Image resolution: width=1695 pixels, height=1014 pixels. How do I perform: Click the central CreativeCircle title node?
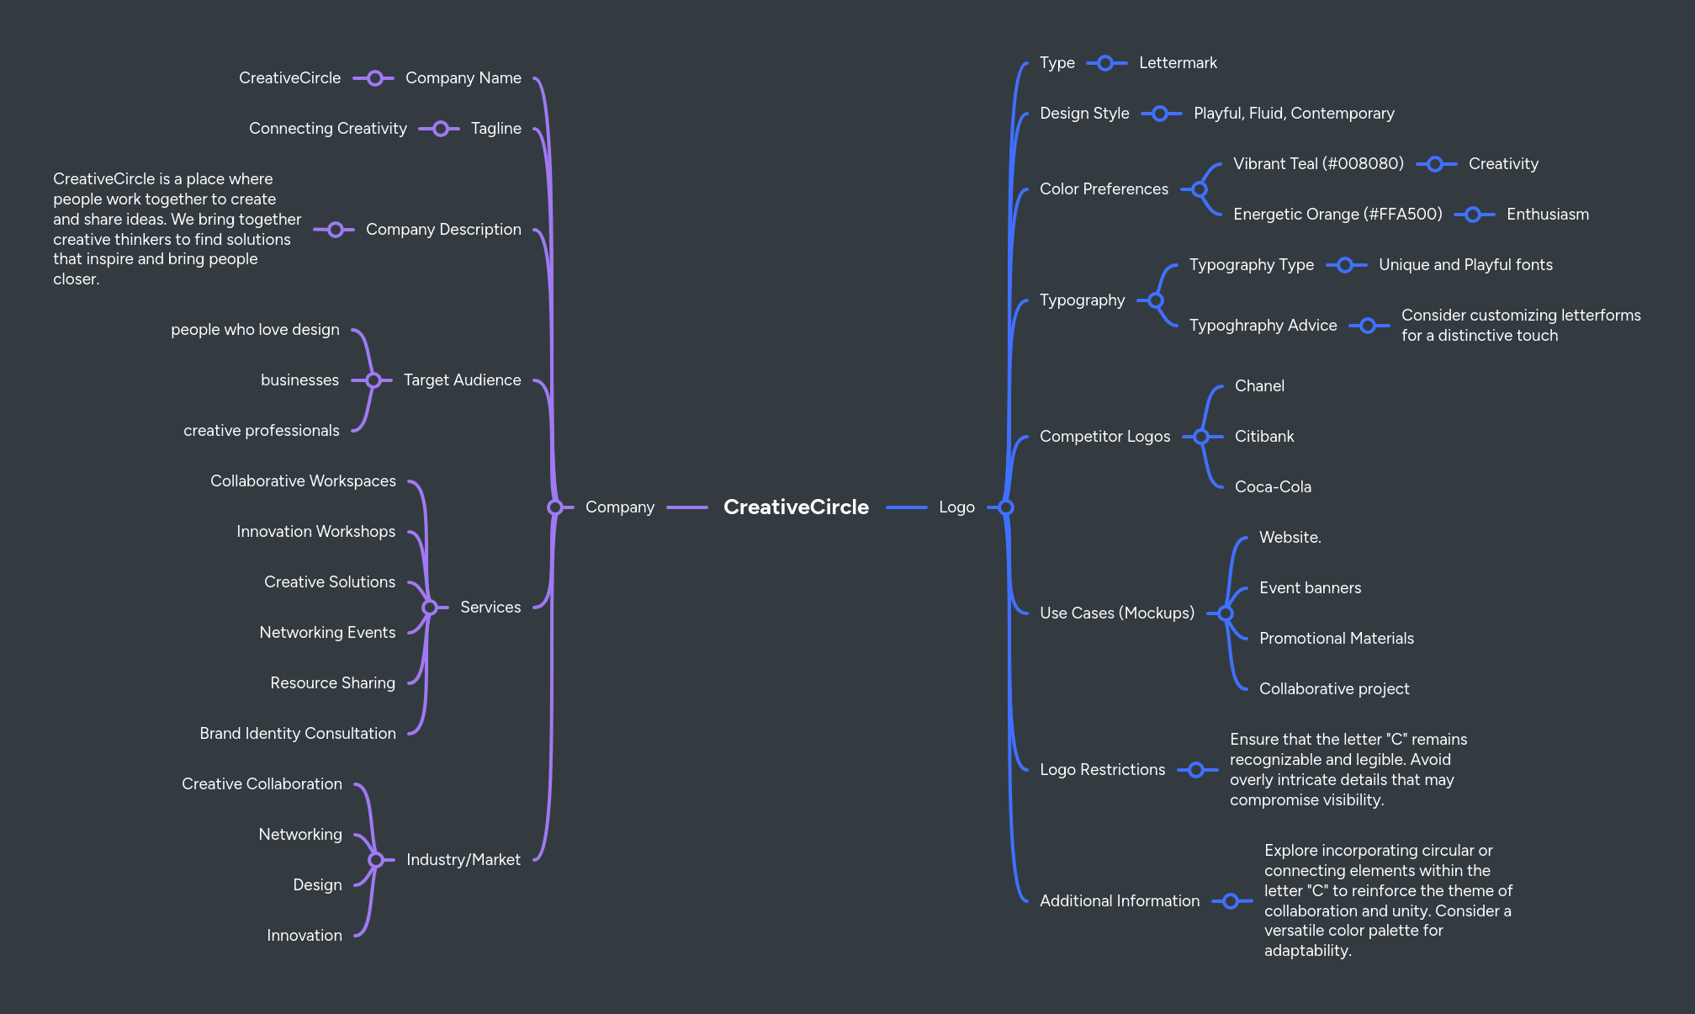(x=796, y=507)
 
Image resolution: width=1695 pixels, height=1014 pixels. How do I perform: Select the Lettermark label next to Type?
(x=1178, y=63)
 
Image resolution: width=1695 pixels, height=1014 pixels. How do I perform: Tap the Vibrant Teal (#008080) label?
(x=1318, y=164)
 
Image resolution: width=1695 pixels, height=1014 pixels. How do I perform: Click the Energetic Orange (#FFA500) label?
(x=1337, y=215)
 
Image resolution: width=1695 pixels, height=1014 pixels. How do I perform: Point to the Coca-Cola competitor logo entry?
(x=1273, y=487)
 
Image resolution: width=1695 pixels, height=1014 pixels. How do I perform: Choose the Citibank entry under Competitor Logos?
(x=1264, y=437)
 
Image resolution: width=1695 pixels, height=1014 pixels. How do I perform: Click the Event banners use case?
(x=1310, y=588)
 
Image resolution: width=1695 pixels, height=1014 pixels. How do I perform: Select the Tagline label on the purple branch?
(x=495, y=129)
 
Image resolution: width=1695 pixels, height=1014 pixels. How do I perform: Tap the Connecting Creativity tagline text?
(x=327, y=129)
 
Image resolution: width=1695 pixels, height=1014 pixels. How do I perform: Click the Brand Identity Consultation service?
(x=298, y=734)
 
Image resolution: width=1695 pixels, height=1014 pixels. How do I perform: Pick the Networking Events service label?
(x=327, y=633)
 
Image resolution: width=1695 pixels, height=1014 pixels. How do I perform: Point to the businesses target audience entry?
(x=299, y=380)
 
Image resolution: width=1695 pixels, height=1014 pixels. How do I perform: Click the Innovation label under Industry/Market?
(x=304, y=936)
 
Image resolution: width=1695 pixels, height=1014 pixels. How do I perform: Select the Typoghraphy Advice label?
(x=1263, y=326)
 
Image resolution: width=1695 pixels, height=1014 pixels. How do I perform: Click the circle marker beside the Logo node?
(x=1006, y=507)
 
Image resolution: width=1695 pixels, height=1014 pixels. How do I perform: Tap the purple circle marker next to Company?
(x=555, y=507)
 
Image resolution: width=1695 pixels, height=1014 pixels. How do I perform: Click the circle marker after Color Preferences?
(x=1200, y=189)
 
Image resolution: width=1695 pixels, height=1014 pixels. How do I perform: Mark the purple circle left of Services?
(x=430, y=608)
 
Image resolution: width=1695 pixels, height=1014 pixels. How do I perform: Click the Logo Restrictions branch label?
(x=1102, y=770)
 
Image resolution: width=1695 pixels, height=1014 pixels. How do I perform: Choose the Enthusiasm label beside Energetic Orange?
(x=1547, y=215)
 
